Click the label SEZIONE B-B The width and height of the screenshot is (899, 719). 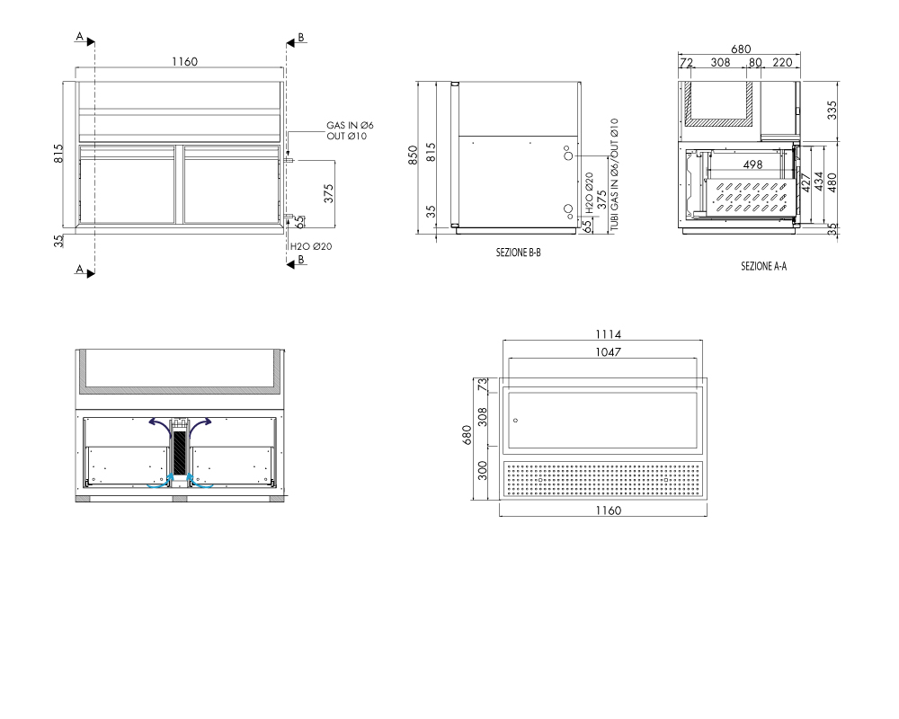click(x=519, y=253)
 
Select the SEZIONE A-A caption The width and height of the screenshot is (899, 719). click(x=763, y=266)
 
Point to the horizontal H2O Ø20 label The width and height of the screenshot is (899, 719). click(x=311, y=246)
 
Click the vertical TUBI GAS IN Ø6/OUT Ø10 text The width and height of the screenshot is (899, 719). click(x=615, y=175)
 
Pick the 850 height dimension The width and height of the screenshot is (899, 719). click(x=413, y=155)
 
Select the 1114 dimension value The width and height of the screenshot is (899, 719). click(x=609, y=334)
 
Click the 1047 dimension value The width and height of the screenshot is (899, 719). click(x=608, y=352)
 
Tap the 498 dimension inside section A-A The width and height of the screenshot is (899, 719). click(x=752, y=164)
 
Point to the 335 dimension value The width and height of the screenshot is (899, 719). click(x=832, y=110)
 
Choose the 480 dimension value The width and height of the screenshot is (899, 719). click(x=832, y=182)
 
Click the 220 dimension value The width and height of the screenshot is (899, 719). click(x=783, y=62)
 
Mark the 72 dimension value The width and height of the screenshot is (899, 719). click(x=686, y=63)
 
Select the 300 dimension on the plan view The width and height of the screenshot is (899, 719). click(x=482, y=471)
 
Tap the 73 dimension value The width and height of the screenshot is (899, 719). click(x=484, y=385)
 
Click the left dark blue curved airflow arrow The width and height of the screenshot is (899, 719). click(x=159, y=423)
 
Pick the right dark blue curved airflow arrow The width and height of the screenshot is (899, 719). click(x=200, y=423)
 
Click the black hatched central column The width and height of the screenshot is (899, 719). click(x=180, y=453)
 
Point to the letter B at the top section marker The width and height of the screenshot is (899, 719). click(x=301, y=38)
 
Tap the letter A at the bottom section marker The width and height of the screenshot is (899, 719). click(x=80, y=269)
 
